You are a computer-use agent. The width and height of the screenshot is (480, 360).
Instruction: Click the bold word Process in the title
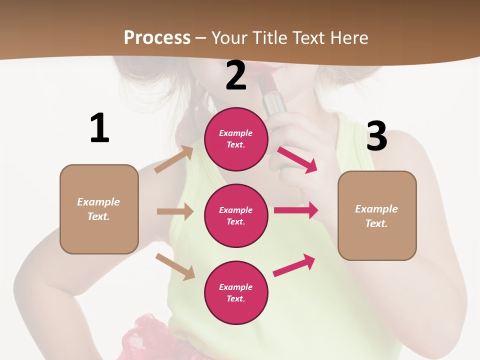click(157, 37)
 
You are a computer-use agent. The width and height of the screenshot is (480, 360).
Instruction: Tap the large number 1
click(99, 128)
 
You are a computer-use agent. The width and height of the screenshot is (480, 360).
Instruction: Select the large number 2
click(236, 75)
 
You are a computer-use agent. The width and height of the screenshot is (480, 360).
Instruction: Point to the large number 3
click(376, 136)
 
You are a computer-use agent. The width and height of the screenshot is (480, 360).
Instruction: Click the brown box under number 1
click(99, 209)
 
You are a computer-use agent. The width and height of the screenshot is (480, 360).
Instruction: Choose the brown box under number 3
click(377, 215)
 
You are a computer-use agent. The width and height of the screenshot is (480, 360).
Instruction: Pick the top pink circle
click(236, 139)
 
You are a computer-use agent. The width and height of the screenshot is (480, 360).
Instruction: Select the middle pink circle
click(236, 215)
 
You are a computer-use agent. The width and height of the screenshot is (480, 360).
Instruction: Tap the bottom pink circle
click(236, 292)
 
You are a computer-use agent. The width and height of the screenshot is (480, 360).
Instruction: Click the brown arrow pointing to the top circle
click(174, 159)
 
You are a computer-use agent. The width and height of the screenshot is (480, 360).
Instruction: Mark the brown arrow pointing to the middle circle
click(175, 211)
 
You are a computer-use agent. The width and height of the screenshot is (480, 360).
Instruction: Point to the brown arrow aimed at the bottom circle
click(175, 266)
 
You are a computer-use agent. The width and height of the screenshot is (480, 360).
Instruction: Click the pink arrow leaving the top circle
click(297, 159)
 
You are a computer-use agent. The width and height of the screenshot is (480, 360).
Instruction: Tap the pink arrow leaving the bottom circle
click(294, 265)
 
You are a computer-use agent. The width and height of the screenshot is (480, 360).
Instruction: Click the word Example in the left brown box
click(98, 202)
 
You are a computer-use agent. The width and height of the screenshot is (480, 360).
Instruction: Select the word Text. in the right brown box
click(376, 223)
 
